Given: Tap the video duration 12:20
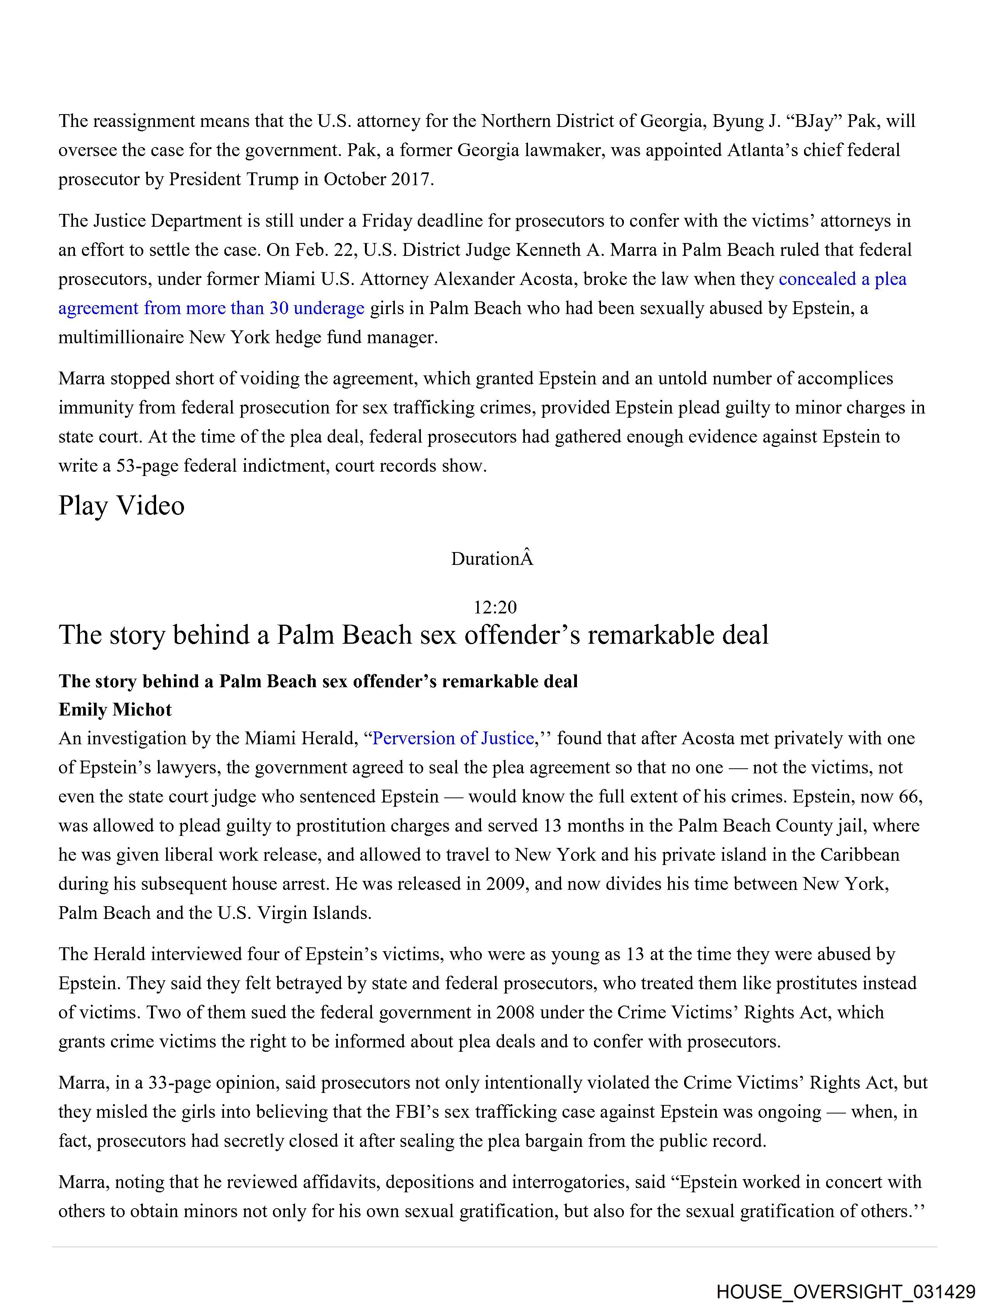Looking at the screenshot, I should click(x=495, y=607).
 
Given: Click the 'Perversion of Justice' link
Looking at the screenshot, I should click(x=453, y=738).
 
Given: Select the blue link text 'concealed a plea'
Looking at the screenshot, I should click(x=842, y=279).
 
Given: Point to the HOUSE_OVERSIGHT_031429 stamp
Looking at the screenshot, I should click(x=845, y=1291).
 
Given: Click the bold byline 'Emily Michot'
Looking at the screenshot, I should click(x=115, y=710).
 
